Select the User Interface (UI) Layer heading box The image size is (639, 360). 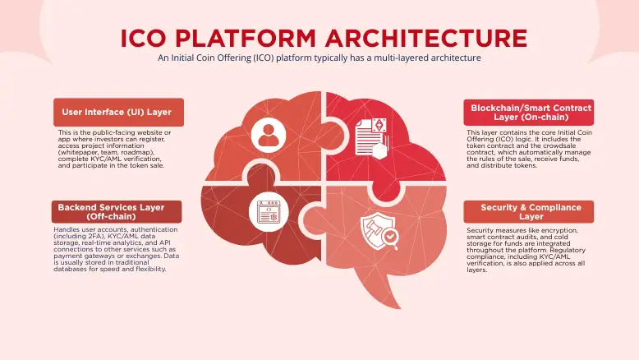click(x=117, y=112)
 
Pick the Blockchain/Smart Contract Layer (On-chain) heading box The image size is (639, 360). click(x=529, y=113)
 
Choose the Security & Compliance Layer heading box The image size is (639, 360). click(x=531, y=212)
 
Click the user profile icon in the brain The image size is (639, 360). click(x=269, y=134)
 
